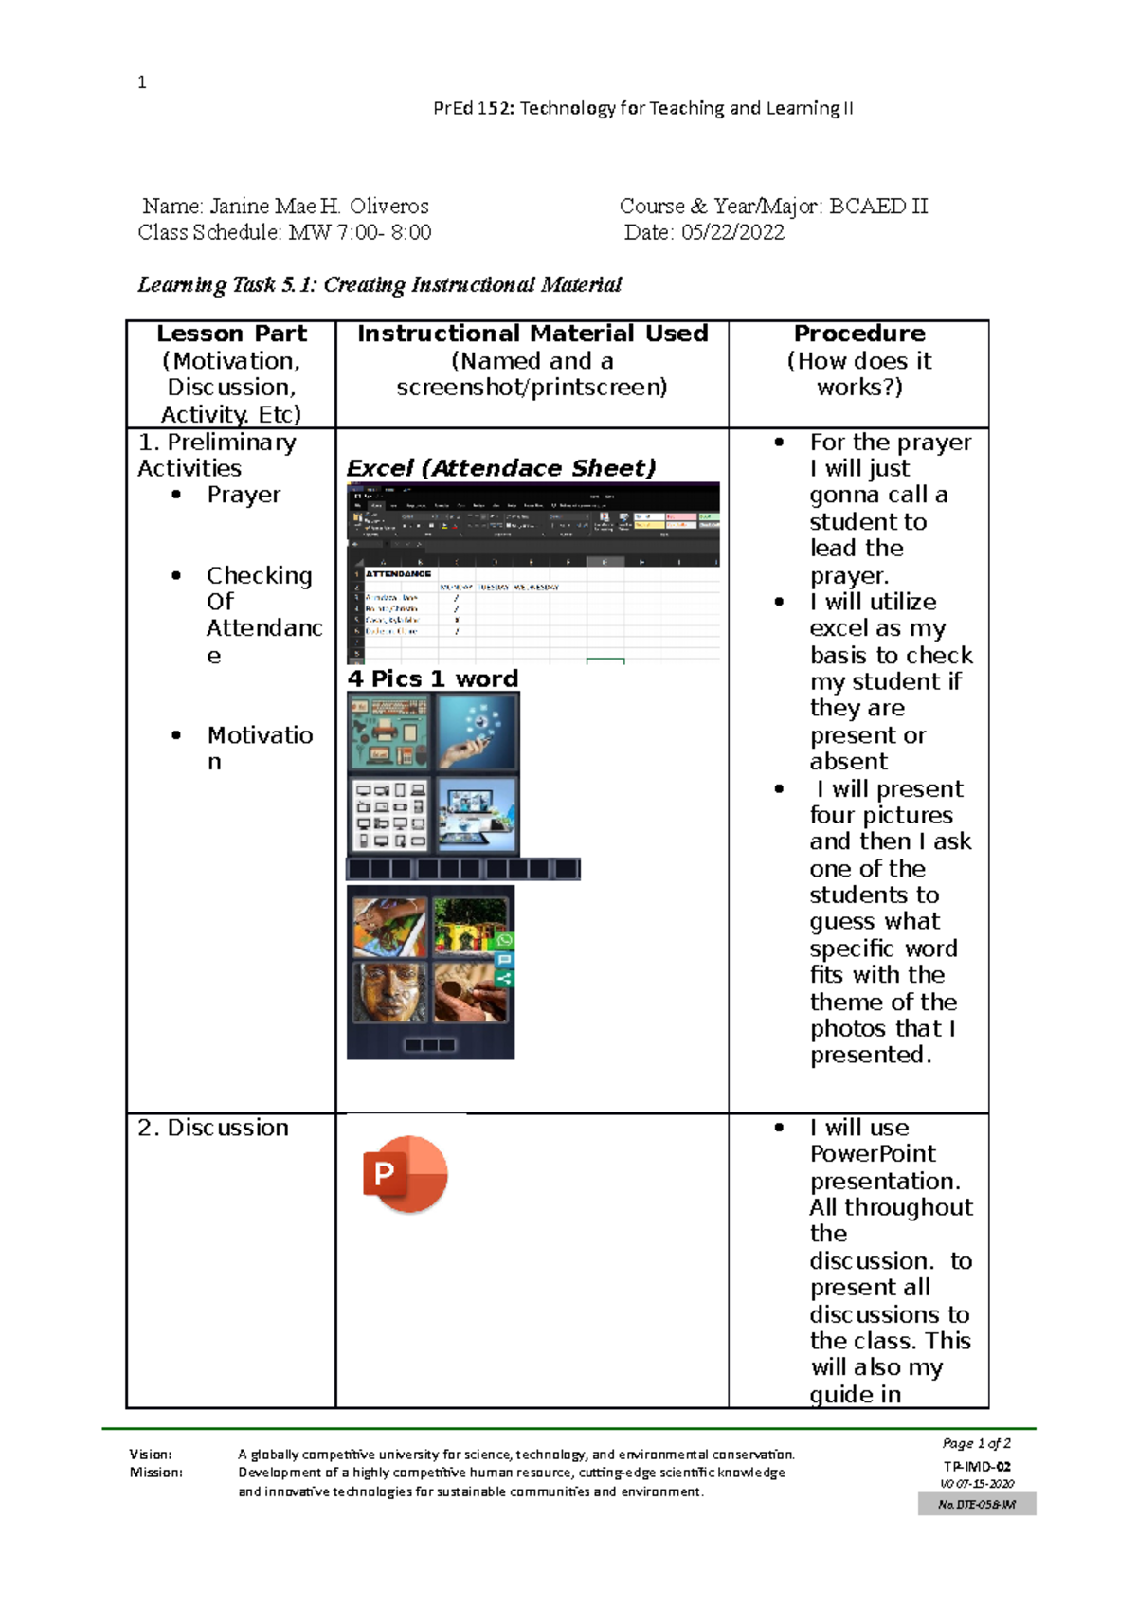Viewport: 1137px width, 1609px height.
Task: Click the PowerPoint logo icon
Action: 405,1174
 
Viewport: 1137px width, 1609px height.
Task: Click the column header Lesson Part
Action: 231,334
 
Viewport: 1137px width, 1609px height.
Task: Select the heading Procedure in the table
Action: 858,334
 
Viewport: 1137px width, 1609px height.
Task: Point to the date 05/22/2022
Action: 732,232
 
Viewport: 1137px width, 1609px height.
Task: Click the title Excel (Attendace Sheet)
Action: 500,468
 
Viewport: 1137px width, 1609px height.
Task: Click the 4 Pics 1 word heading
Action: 432,678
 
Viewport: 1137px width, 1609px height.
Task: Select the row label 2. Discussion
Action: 213,1128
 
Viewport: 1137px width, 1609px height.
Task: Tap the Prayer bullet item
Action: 244,495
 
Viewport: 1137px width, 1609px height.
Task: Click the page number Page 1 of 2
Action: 976,1443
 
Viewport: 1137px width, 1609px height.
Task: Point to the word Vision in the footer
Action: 151,1454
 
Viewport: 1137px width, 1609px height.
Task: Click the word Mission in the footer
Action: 155,1473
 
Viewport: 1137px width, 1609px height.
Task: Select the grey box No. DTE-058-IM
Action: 976,1504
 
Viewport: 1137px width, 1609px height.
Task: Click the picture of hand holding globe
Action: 477,732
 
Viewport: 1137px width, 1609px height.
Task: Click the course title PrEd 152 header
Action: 642,108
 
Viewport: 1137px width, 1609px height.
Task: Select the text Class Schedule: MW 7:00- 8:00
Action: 284,232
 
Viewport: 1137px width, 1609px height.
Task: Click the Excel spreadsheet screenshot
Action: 532,572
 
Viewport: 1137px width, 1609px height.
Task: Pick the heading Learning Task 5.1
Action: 379,284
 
